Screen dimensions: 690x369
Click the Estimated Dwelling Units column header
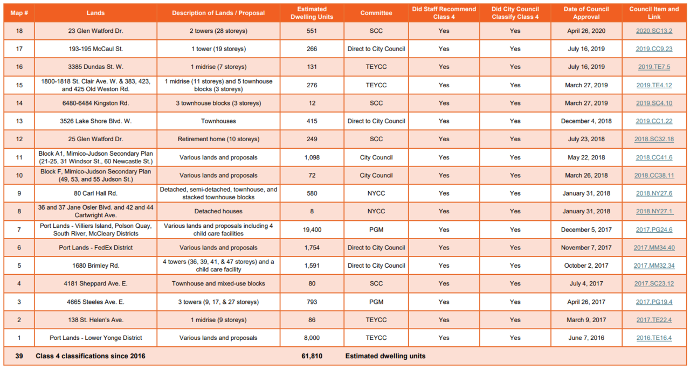tap(312, 13)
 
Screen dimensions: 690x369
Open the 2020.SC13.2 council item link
tap(654, 31)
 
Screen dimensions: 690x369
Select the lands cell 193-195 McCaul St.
tap(95, 48)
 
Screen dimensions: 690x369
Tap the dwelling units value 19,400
tap(312, 229)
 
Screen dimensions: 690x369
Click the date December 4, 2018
tap(586, 121)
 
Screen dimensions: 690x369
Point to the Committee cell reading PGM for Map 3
tap(376, 302)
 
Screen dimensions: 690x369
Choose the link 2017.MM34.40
tap(654, 247)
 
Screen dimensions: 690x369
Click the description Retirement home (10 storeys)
tap(218, 139)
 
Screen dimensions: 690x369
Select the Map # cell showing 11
tap(19, 157)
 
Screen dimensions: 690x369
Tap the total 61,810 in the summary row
tap(312, 356)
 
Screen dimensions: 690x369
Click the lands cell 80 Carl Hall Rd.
tap(95, 193)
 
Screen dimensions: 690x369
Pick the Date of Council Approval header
tap(586, 13)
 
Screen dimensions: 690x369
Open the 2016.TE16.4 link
tap(654, 338)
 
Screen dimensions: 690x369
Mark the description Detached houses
tap(218, 211)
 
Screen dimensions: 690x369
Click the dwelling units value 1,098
tap(312, 157)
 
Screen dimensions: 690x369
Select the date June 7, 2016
tap(586, 338)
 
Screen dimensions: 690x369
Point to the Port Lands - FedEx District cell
tap(95, 247)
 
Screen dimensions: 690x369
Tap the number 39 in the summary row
tap(19, 356)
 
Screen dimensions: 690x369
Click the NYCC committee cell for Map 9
tap(376, 193)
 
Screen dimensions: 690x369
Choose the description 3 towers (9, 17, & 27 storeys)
tap(218, 302)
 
